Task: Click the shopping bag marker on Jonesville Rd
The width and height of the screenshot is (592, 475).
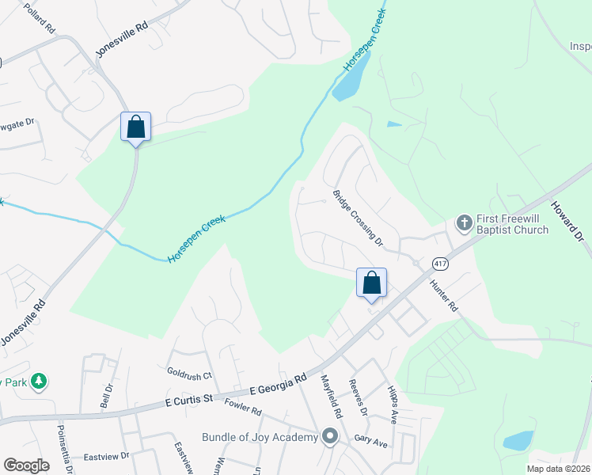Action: pos(135,127)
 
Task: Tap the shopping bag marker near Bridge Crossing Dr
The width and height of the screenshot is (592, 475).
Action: pos(371,283)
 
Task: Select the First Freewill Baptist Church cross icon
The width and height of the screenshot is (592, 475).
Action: pos(464,222)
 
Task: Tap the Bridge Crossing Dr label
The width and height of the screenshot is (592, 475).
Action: pos(358,218)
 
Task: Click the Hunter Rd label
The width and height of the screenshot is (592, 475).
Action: pos(443,294)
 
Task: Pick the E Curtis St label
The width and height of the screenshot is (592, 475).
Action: pos(190,401)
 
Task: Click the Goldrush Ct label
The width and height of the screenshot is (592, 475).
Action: pos(190,371)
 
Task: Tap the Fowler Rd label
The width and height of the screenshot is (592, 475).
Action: pos(242,407)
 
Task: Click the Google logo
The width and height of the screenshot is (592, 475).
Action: pos(26,465)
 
